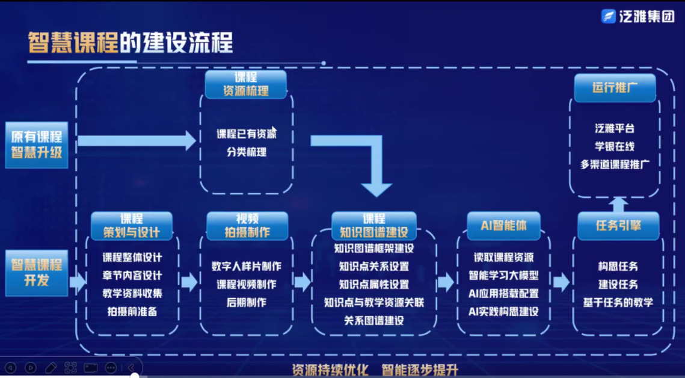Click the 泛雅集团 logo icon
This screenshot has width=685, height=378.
pyautogui.click(x=609, y=16)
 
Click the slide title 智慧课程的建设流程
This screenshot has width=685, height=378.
pyautogui.click(x=131, y=43)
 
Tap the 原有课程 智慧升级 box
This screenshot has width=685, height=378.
pyautogui.click(x=37, y=144)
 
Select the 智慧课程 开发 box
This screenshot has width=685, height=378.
pyautogui.click(x=37, y=273)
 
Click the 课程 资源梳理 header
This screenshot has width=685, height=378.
pyautogui.click(x=245, y=84)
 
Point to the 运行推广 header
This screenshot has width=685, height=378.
pyautogui.click(x=615, y=88)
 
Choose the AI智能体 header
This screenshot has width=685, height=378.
pyautogui.click(x=503, y=226)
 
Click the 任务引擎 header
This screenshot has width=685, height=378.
pyautogui.click(x=618, y=226)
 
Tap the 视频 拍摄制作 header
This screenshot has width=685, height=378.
pyautogui.click(x=247, y=226)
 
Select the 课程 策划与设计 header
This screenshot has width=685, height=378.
pyautogui.click(x=132, y=226)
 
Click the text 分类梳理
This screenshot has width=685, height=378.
pyautogui.click(x=247, y=152)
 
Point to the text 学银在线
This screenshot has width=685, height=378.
pyautogui.click(x=615, y=146)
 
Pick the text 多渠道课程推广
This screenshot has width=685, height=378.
pyautogui.click(x=615, y=164)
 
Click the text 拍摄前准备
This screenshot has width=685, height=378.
pyautogui.click(x=132, y=312)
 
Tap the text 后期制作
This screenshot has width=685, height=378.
pyautogui.click(x=247, y=302)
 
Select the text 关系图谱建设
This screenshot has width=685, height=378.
pyautogui.click(x=374, y=320)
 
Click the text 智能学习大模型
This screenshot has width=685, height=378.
pyautogui.click(x=503, y=276)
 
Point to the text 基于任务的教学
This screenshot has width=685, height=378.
pyautogui.click(x=618, y=302)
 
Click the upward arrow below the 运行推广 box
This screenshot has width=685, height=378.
pyautogui.click(x=618, y=204)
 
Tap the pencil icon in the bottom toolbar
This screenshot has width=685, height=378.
pyautogui.click(x=51, y=367)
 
